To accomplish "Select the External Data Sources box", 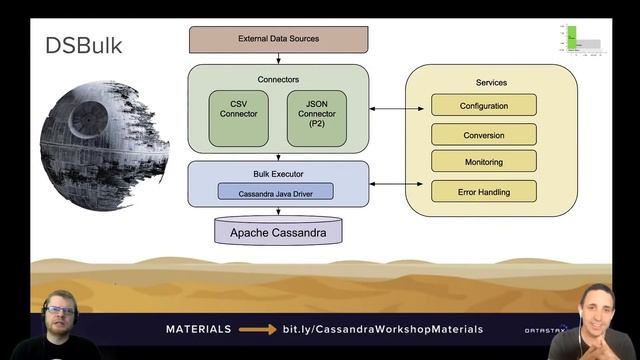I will tap(278, 39).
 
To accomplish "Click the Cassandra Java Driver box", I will tap(276, 191).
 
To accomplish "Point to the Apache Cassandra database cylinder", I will tap(277, 232).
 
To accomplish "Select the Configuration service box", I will tap(484, 105).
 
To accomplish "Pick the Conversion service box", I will tap(484, 134).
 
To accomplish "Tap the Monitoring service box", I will tap(484, 162).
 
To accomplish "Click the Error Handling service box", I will tap(484, 191).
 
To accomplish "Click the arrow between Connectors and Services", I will tap(388, 108).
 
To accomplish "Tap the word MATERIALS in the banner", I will tap(198, 329).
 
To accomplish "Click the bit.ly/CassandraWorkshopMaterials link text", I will tap(383, 329).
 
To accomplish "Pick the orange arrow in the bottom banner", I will tap(257, 329).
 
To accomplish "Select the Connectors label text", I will tap(277, 79).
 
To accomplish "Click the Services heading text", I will tap(491, 82).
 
